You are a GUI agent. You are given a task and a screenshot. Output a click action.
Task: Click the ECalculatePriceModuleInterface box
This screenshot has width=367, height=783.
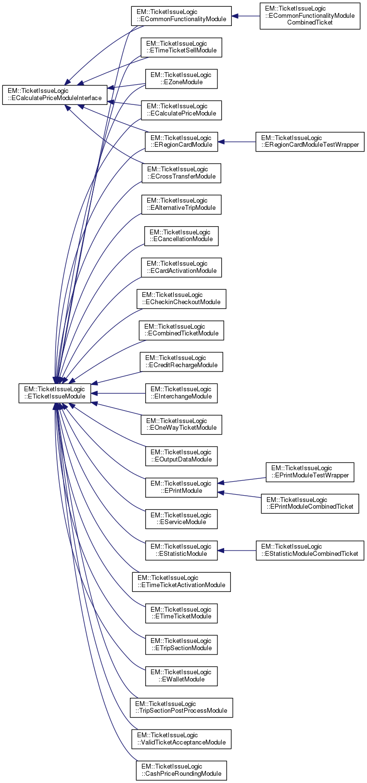pyautogui.click(x=54, y=94)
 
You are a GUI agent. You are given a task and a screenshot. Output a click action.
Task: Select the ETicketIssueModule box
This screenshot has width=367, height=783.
pyautogui.click(x=55, y=393)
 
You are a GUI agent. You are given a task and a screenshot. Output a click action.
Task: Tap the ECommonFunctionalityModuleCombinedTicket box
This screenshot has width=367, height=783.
pyautogui.click(x=310, y=16)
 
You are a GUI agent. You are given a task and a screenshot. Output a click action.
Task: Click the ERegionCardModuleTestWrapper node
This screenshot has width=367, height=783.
pyautogui.click(x=310, y=141)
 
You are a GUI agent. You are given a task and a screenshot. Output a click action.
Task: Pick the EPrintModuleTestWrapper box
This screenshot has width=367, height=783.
pyautogui.click(x=310, y=472)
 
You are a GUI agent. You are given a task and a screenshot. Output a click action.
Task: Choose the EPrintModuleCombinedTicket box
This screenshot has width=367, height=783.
pyautogui.click(x=310, y=503)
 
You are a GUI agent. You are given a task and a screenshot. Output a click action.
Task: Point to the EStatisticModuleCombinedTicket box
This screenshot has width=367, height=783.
pyautogui.click(x=310, y=550)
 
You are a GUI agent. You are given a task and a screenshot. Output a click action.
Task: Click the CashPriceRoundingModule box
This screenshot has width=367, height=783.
pyautogui.click(x=181, y=770)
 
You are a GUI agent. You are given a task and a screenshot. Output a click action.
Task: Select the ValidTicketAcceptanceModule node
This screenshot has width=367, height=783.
pyautogui.click(x=181, y=739)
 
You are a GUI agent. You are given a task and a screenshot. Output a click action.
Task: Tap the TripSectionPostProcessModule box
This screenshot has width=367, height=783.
pyautogui.click(x=181, y=707)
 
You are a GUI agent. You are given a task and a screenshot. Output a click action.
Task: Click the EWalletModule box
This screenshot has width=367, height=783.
pyautogui.click(x=181, y=676)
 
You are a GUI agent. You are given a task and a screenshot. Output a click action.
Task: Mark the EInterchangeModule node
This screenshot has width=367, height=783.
pyautogui.click(x=181, y=393)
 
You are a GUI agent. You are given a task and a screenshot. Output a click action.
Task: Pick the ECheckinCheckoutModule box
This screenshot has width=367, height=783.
pyautogui.click(x=181, y=298)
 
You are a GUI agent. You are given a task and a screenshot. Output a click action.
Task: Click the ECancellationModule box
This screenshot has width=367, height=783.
pyautogui.click(x=181, y=236)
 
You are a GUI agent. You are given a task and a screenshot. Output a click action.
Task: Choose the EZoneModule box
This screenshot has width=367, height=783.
pyautogui.click(x=181, y=78)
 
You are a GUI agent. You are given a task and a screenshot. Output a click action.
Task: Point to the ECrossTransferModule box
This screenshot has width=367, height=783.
pyautogui.click(x=181, y=173)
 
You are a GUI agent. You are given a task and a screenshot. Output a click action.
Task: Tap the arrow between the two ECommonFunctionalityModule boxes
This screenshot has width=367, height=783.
pyautogui.click(x=246, y=16)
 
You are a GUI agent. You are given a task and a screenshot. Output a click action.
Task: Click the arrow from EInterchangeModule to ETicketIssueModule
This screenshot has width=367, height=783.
pyautogui.click(x=120, y=393)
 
